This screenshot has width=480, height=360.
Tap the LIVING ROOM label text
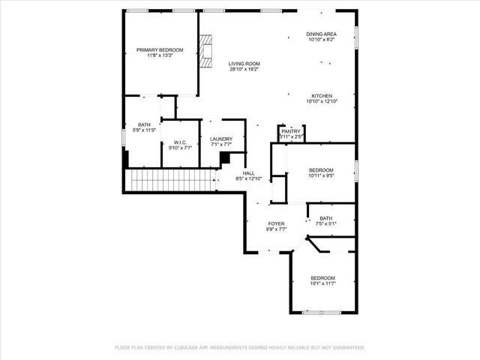pos(244,64)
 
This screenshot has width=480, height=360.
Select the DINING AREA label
pos(321,34)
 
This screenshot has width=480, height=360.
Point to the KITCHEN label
pos(322,95)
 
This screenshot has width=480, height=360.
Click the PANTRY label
pos(290,131)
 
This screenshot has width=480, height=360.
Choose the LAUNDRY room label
pos(221,139)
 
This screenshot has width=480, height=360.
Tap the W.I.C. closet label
pos(179,142)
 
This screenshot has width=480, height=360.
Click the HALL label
pos(248,172)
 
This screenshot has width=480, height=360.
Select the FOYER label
pos(277,223)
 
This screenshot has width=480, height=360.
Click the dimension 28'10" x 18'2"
pos(244,70)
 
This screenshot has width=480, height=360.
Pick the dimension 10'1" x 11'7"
pos(322,283)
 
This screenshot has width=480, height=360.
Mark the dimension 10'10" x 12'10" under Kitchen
pos(322,101)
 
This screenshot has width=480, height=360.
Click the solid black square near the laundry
pos(225,158)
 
